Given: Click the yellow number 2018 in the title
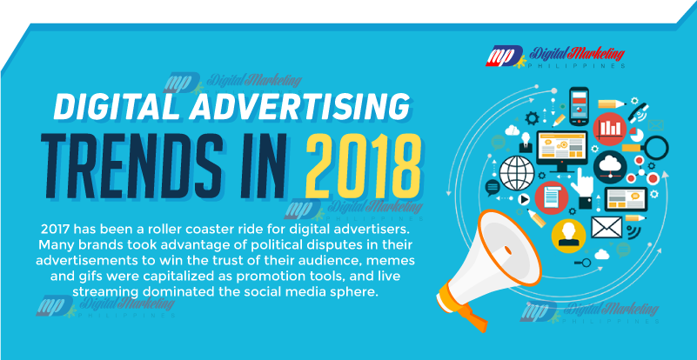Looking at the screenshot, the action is pyautogui.click(x=363, y=165).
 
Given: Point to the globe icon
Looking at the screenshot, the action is pyautogui.click(x=517, y=173).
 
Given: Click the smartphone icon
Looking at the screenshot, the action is pyautogui.click(x=579, y=106).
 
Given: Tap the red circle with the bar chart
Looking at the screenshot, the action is pyautogui.click(x=609, y=129).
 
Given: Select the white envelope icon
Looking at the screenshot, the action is pyautogui.click(x=607, y=227).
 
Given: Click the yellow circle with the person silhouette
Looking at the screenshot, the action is pyautogui.click(x=568, y=236).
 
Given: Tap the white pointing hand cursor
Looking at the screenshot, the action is pyautogui.click(x=583, y=184).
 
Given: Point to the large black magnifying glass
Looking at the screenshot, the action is pyautogui.click(x=653, y=149).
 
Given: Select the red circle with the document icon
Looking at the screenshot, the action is pyautogui.click(x=552, y=197).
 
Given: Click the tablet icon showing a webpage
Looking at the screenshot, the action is pyautogui.click(x=626, y=199).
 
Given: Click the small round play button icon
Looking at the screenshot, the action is pyautogui.click(x=525, y=200).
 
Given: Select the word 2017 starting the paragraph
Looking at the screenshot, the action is pyautogui.click(x=55, y=230).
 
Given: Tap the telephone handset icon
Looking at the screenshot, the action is pyautogui.click(x=639, y=110).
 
